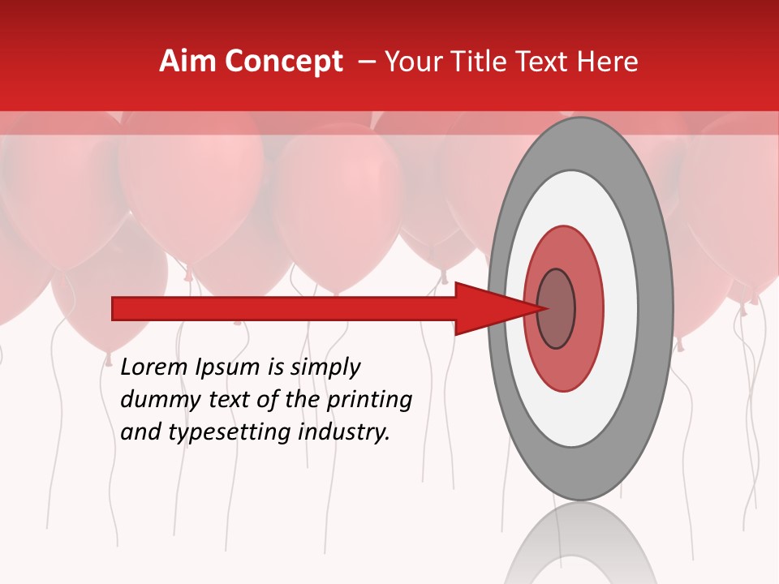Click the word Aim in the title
point(188,62)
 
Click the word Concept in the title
point(284,62)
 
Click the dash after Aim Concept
point(366,62)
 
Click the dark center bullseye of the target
point(556,308)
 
